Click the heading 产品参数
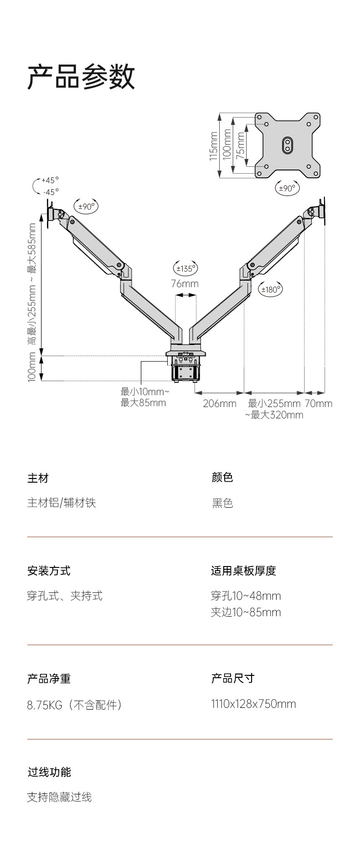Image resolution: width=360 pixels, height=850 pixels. click(x=81, y=76)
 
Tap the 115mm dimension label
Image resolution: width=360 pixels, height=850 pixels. click(x=213, y=146)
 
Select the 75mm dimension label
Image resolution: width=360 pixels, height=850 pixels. click(x=241, y=143)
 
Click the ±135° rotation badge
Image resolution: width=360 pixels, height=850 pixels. click(x=185, y=268)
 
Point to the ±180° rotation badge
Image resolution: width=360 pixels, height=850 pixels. click(x=270, y=289)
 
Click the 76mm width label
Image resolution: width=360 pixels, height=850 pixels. click(x=185, y=283)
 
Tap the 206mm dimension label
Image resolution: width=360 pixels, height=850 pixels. click(x=220, y=403)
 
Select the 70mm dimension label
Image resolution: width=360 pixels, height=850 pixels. click(x=319, y=403)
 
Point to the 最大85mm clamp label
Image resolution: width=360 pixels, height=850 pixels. click(x=144, y=403)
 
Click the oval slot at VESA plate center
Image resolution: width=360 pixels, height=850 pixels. click(x=288, y=145)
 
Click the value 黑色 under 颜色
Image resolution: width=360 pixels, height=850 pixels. click(x=222, y=503)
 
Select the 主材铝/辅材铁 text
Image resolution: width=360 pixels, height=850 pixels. click(x=62, y=503)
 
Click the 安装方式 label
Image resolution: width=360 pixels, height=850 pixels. click(x=49, y=571)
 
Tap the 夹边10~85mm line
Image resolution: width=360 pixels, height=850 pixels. click(x=246, y=612)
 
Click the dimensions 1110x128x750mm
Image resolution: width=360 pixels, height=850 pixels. click(x=253, y=704)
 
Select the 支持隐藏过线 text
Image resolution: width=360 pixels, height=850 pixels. click(x=59, y=797)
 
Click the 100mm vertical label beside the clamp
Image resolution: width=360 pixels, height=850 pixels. click(x=32, y=369)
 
